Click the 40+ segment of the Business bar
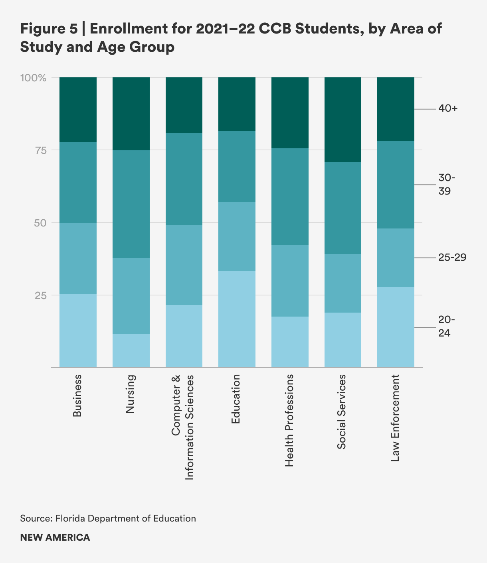tap(78, 109)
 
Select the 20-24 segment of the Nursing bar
tap(131, 350)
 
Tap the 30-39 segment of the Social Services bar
tap(343, 208)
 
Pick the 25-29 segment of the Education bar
tap(237, 236)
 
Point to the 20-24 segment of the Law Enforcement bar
tap(396, 327)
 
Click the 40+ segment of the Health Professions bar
tap(290, 113)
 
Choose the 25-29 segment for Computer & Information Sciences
tap(184, 265)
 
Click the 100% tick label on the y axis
tap(34, 77)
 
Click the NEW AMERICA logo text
tap(55, 537)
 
